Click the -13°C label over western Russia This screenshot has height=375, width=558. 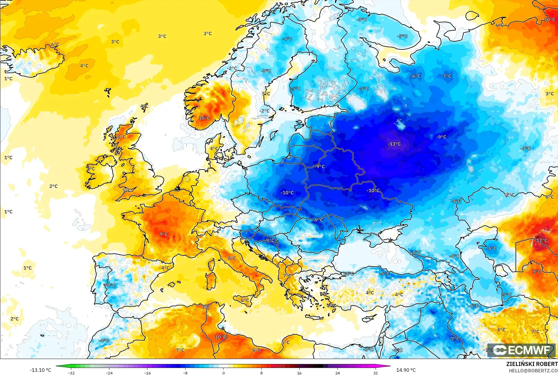click(394, 144)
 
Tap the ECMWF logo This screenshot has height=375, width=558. click(521, 350)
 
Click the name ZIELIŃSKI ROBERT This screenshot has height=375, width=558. click(532, 364)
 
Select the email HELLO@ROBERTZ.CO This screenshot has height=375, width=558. click(533, 371)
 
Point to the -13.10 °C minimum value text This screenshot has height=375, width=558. click(40, 370)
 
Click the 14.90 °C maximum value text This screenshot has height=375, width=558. click(406, 370)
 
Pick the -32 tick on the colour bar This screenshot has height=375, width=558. click(71, 373)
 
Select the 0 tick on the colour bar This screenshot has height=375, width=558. click(224, 373)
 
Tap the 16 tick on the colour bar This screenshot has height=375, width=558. click(299, 373)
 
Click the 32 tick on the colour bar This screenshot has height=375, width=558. click(375, 373)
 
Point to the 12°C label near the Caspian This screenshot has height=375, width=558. click(542, 240)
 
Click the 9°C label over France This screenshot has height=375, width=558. click(164, 234)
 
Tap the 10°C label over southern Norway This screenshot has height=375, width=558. click(204, 118)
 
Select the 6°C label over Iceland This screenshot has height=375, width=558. click(55, 45)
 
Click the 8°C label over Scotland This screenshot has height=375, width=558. click(121, 137)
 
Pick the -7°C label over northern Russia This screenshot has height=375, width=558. click(446, 76)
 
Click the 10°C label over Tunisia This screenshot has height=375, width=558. click(220, 337)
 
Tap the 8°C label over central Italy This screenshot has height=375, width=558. click(232, 258)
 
